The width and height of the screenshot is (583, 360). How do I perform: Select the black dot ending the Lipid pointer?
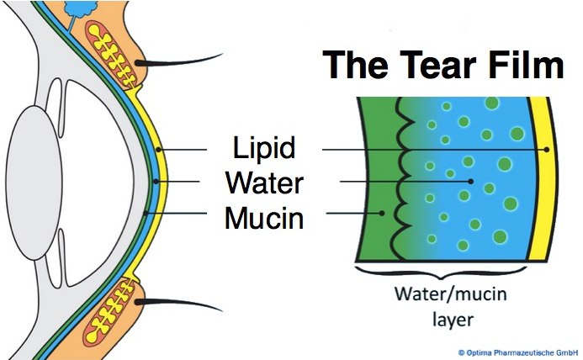(x=547, y=150)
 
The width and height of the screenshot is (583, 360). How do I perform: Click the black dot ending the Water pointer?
(x=471, y=181)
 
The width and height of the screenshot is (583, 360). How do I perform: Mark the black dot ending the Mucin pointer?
(x=383, y=213)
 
